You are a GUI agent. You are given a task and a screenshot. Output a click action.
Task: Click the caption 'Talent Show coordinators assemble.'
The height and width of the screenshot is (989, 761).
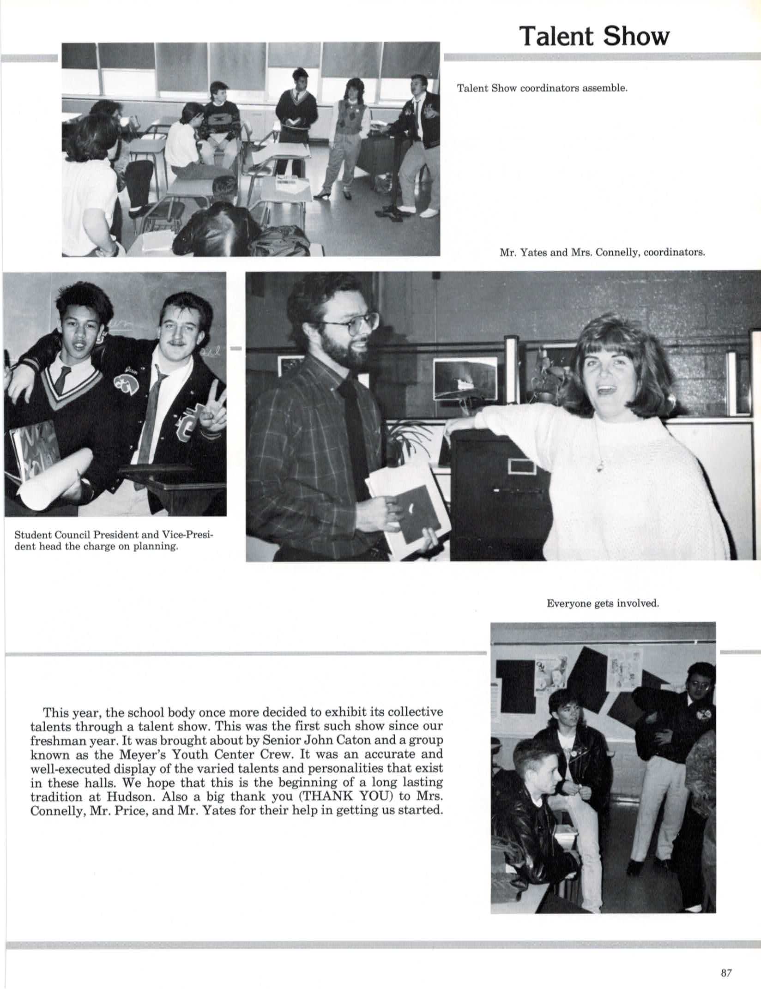point(542,88)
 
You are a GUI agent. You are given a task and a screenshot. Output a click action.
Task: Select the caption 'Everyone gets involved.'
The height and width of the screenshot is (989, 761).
point(602,603)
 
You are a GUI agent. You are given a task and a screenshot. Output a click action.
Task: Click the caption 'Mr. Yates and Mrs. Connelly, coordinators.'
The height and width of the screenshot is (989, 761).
point(602,253)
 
